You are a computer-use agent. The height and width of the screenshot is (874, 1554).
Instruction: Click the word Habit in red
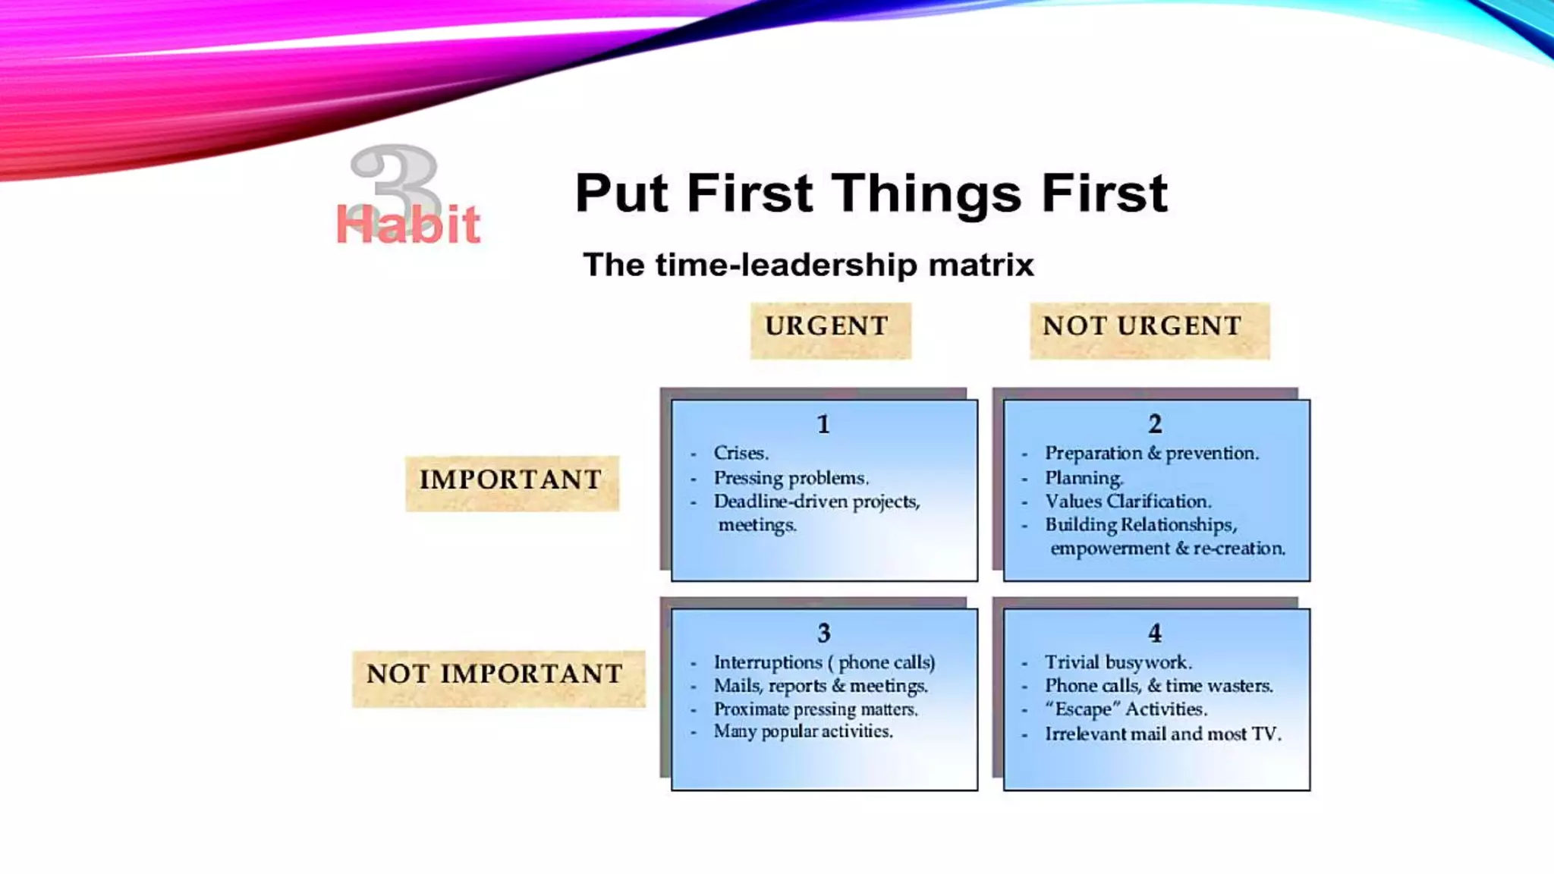tap(407, 225)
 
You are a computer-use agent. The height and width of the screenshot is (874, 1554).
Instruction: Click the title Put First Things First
tap(870, 193)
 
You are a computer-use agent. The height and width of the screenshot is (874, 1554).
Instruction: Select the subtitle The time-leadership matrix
tap(807, 265)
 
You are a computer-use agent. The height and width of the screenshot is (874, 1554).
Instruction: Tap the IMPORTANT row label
tap(511, 480)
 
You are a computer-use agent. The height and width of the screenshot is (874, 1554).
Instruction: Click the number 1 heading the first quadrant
tap(823, 424)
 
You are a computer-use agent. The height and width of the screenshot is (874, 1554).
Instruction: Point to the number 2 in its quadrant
tap(1155, 424)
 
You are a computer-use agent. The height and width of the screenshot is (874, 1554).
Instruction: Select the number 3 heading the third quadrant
tap(823, 633)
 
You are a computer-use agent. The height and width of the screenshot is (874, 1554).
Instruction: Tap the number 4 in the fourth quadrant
tap(1155, 633)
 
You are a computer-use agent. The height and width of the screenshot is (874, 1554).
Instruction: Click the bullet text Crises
tap(741, 453)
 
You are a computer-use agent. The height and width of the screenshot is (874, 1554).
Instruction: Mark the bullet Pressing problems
tap(791, 478)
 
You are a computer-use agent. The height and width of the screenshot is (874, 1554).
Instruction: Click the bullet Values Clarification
tap(1128, 501)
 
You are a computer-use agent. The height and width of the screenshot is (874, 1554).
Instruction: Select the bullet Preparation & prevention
tap(1151, 453)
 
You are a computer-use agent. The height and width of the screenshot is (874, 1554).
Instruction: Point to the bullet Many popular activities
tap(803, 731)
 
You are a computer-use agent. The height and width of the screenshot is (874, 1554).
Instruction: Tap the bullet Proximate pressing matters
tap(816, 709)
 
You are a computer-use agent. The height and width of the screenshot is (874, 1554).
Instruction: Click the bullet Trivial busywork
tap(1118, 662)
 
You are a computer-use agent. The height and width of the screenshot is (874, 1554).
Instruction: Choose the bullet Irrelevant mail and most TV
tap(1162, 734)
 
